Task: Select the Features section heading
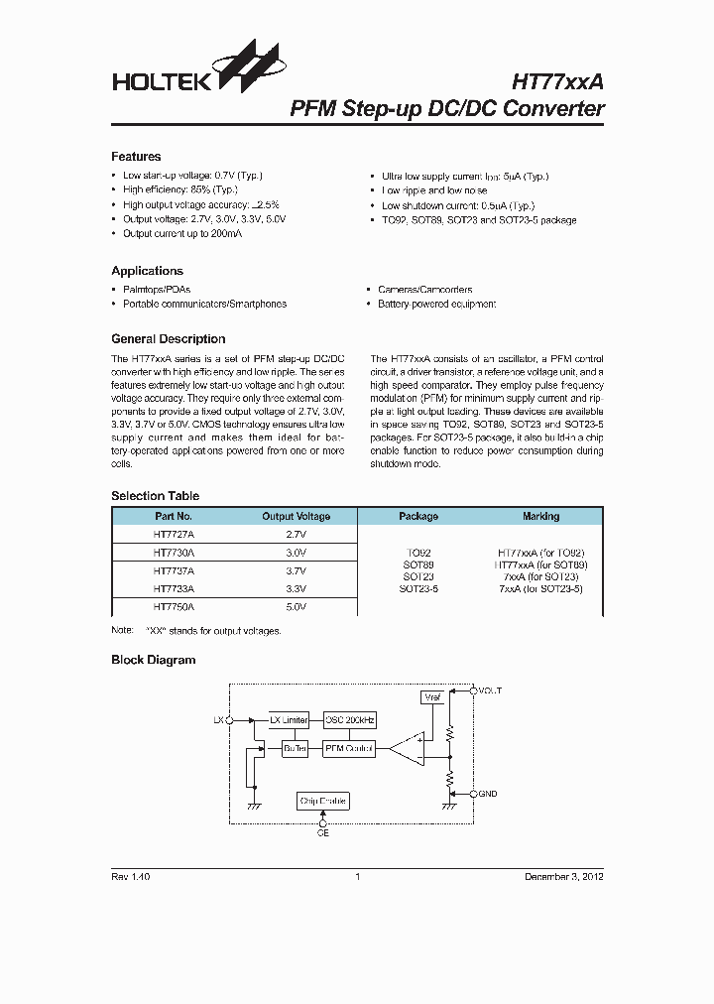[x=136, y=157]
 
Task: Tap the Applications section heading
[x=147, y=271]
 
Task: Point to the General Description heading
[x=168, y=339]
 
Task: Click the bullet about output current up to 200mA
[x=182, y=234]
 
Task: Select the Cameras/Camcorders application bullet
[x=424, y=290]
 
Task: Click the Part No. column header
[x=174, y=516]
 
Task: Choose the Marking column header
[x=540, y=516]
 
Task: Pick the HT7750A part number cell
[x=174, y=605]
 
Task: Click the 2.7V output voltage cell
[x=296, y=534]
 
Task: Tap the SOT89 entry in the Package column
[x=418, y=565]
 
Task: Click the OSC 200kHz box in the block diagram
[x=350, y=719]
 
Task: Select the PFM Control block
[x=349, y=748]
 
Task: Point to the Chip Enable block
[x=323, y=801]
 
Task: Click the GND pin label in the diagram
[x=488, y=794]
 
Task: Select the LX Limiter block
[x=290, y=719]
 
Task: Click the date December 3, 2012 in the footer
[x=563, y=877]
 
